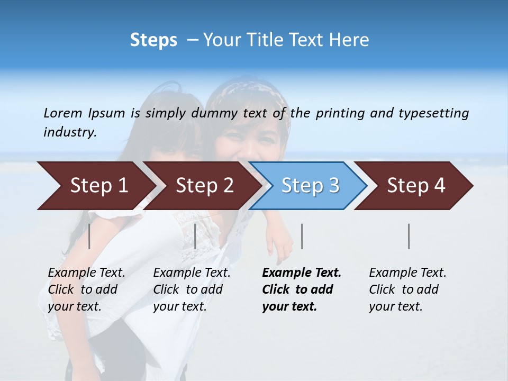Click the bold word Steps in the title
click(x=153, y=40)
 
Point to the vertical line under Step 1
click(x=89, y=236)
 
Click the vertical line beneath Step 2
click(x=195, y=236)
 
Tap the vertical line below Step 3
click(x=302, y=236)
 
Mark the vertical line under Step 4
click(x=409, y=236)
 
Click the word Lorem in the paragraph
click(x=62, y=113)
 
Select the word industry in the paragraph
click(x=70, y=132)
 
